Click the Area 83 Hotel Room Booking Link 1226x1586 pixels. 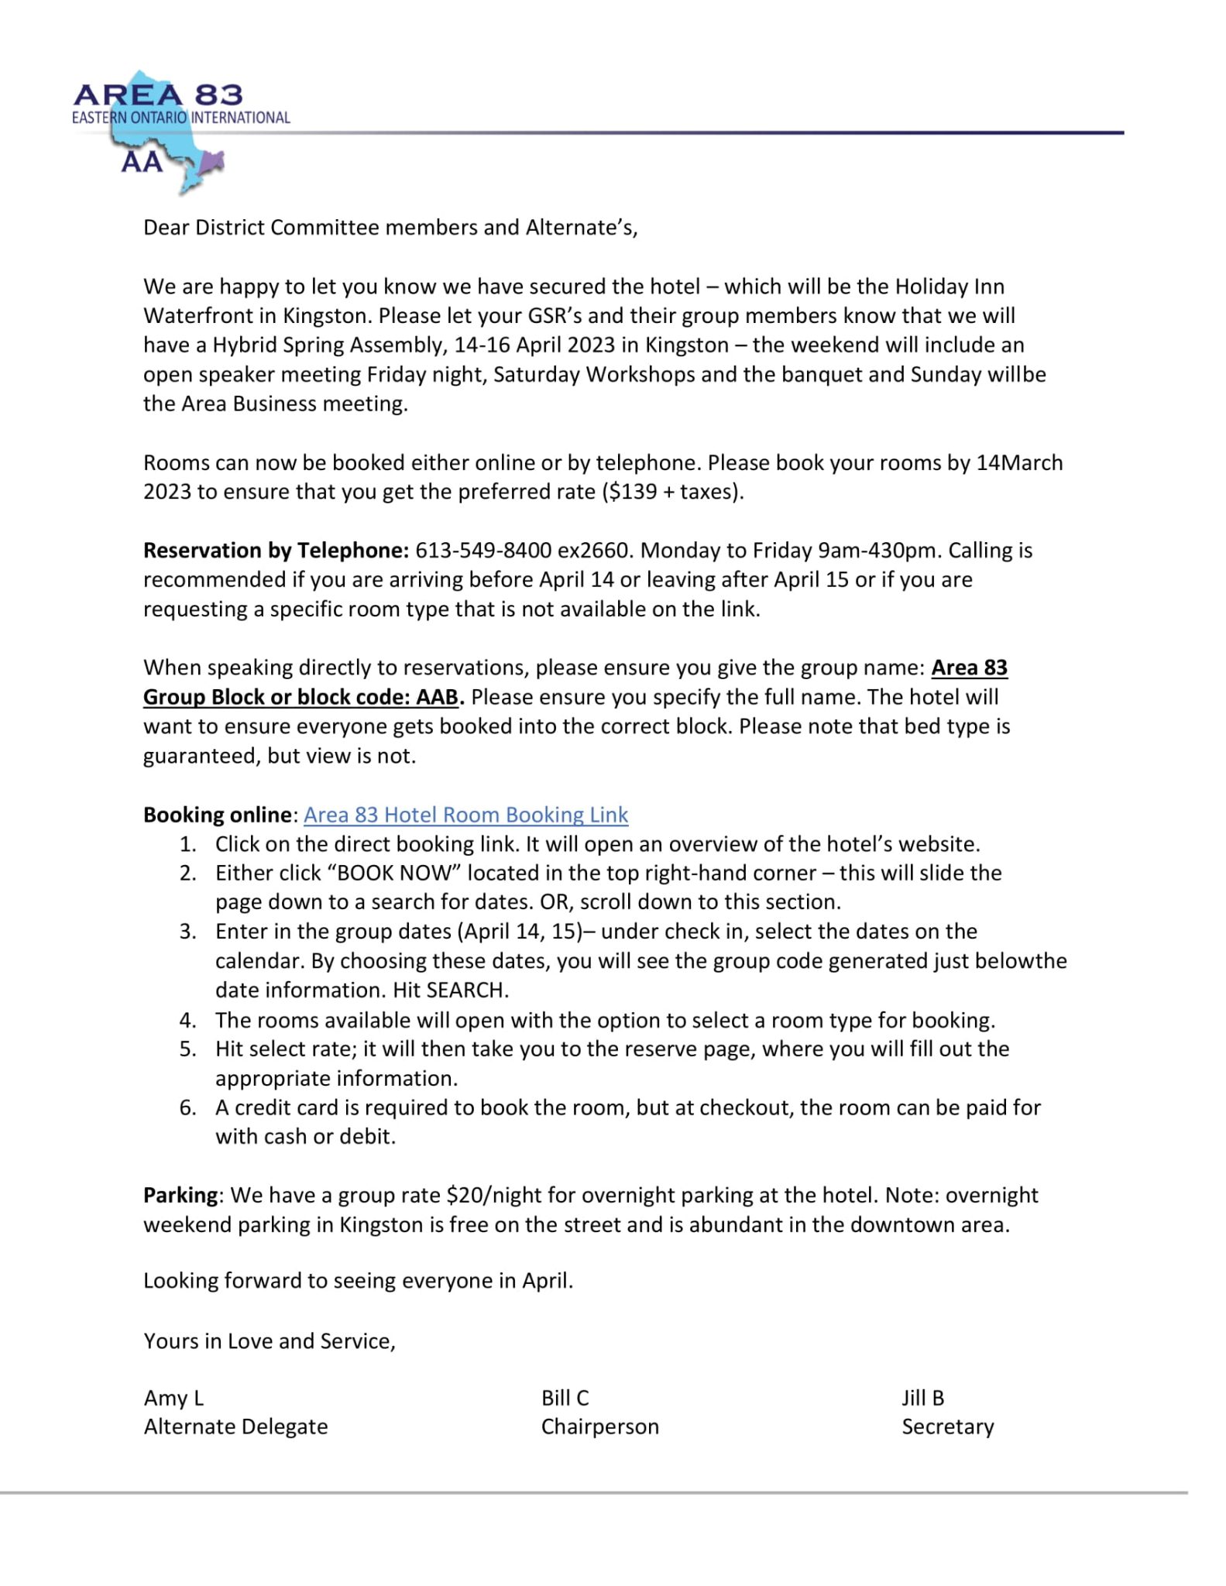click(x=465, y=815)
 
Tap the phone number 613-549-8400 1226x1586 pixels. click(x=483, y=551)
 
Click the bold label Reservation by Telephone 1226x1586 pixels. click(x=275, y=551)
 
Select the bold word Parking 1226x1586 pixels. click(x=180, y=1195)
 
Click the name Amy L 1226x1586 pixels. click(x=173, y=1398)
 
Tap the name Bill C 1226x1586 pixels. click(x=565, y=1398)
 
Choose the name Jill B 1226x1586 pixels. click(x=922, y=1398)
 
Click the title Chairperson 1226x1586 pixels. click(x=599, y=1426)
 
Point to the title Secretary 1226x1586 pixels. click(x=947, y=1426)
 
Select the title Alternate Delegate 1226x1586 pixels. click(x=235, y=1426)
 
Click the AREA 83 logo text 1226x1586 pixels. click(x=158, y=95)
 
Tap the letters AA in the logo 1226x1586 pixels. click(x=142, y=162)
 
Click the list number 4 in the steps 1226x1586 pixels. click(x=187, y=1020)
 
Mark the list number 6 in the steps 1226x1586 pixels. click(x=187, y=1107)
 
